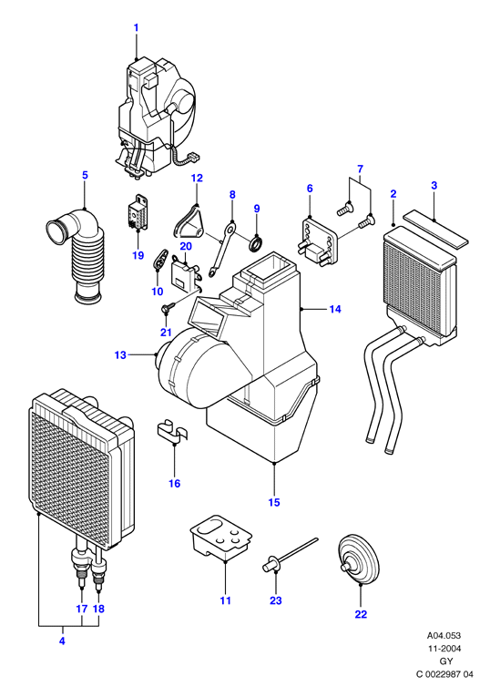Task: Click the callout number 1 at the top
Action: tap(136, 27)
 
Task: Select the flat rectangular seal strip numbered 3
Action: tap(435, 229)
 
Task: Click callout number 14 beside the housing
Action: tap(335, 309)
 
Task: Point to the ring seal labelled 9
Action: tap(255, 244)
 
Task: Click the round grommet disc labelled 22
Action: tap(359, 559)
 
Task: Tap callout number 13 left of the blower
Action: tap(120, 355)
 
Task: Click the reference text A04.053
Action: tap(444, 635)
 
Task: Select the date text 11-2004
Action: tap(444, 649)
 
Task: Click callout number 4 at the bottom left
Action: tap(62, 641)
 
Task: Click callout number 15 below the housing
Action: tap(274, 502)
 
